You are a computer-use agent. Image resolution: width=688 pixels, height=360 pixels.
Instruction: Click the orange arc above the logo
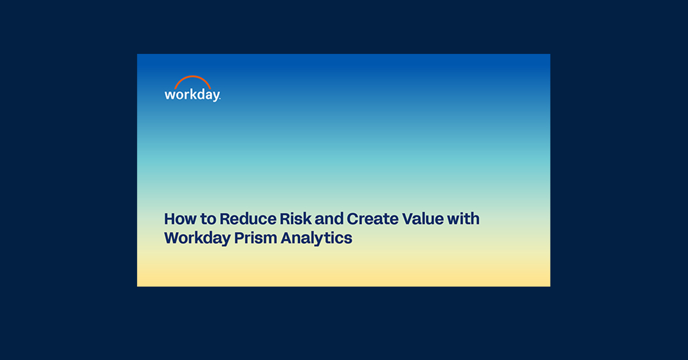click(192, 79)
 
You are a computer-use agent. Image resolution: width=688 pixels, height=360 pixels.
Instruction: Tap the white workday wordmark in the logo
click(192, 95)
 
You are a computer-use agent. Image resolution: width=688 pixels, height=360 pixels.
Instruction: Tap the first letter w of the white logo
click(170, 95)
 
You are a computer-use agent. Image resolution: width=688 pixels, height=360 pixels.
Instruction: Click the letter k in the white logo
click(191, 93)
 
